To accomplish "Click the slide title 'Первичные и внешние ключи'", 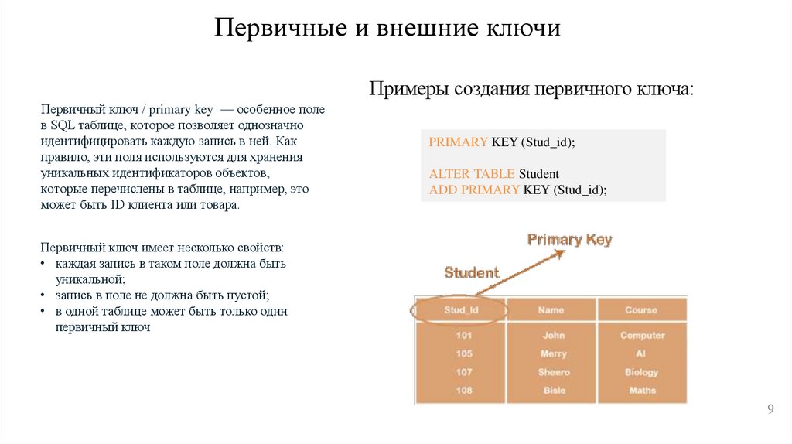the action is point(387,29).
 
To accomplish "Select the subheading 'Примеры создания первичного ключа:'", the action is point(532,89).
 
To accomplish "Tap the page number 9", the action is point(770,409).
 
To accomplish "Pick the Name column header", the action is point(551,310).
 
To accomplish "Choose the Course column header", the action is point(641,310).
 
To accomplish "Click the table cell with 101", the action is point(464,336).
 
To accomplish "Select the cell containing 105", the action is point(464,353).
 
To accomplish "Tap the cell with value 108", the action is point(464,391).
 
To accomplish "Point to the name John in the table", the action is point(554,336).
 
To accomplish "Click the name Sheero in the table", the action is point(554,372).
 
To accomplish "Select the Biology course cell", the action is point(642,372).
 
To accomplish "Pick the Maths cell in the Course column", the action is point(642,391).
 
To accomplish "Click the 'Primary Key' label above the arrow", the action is point(569,240).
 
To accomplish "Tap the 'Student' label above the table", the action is point(471,272).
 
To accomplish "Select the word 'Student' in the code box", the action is point(538,174).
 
